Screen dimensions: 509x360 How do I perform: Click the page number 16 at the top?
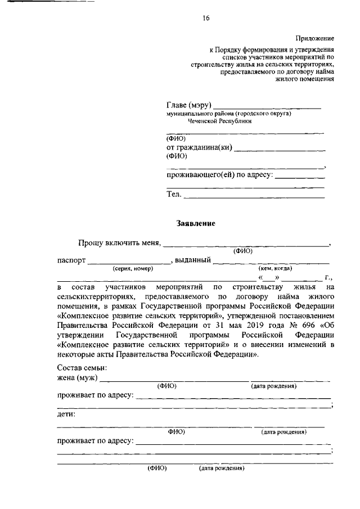pyautogui.click(x=206, y=18)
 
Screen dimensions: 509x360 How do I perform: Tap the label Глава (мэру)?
pyautogui.click(x=188, y=105)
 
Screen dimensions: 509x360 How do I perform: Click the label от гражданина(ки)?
pyautogui.click(x=199, y=148)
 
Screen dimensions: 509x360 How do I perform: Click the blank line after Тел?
pyautogui.click(x=254, y=196)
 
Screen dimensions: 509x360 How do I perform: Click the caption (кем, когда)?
pyautogui.click(x=275, y=269)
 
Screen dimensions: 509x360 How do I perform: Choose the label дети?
pyautogui.click(x=67, y=414)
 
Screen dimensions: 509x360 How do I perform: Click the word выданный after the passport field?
pyautogui.click(x=193, y=260)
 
